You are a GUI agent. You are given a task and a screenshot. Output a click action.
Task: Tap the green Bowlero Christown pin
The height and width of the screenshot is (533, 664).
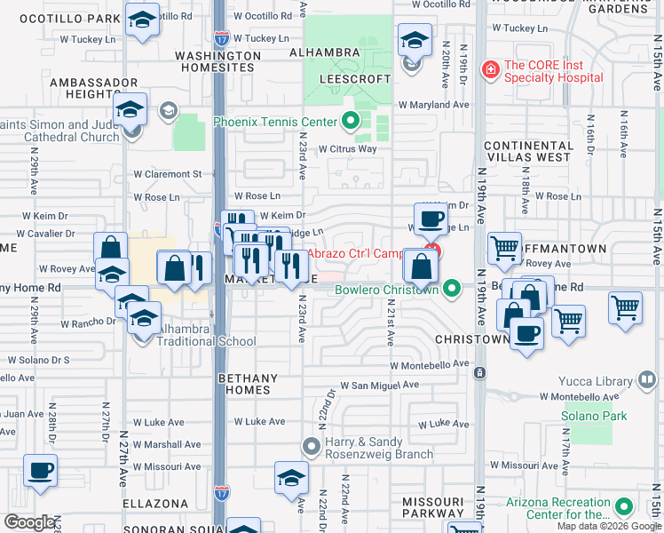pos(453,290)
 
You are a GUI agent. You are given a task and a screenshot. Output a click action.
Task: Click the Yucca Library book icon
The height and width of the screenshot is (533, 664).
pos(648,381)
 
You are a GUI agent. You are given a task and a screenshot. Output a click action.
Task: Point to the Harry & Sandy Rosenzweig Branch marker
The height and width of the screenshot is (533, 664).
pos(311,444)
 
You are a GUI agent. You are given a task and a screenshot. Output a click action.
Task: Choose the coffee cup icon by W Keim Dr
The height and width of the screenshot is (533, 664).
pos(432,218)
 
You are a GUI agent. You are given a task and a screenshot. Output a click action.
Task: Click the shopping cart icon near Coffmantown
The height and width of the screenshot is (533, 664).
pos(504,247)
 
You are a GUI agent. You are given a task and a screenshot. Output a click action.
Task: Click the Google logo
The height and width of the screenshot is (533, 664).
pos(30,521)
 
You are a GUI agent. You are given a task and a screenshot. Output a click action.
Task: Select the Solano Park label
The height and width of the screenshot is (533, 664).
pos(595,416)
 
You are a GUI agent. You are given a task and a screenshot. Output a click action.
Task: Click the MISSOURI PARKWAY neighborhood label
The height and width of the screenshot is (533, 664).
pos(433,507)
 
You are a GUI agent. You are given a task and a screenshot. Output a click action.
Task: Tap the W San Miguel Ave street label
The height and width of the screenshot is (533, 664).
pos(379,386)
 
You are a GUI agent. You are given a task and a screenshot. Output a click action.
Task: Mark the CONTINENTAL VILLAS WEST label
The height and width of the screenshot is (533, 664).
pos(527,150)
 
